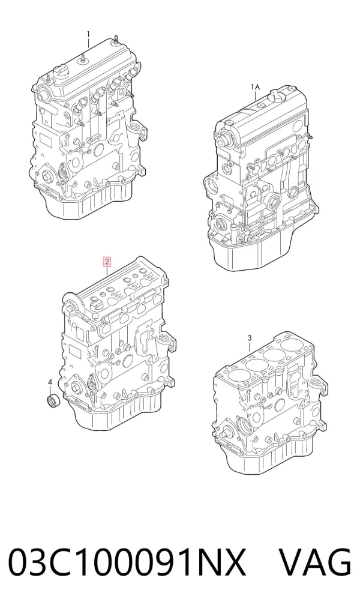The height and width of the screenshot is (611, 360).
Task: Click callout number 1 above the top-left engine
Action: tap(88, 34)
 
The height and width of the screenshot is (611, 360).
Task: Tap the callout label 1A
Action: tap(255, 86)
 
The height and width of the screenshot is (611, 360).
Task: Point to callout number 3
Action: tap(250, 337)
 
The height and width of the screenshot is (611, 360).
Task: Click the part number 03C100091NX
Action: tap(127, 562)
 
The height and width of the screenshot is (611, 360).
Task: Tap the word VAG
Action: tap(316, 562)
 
